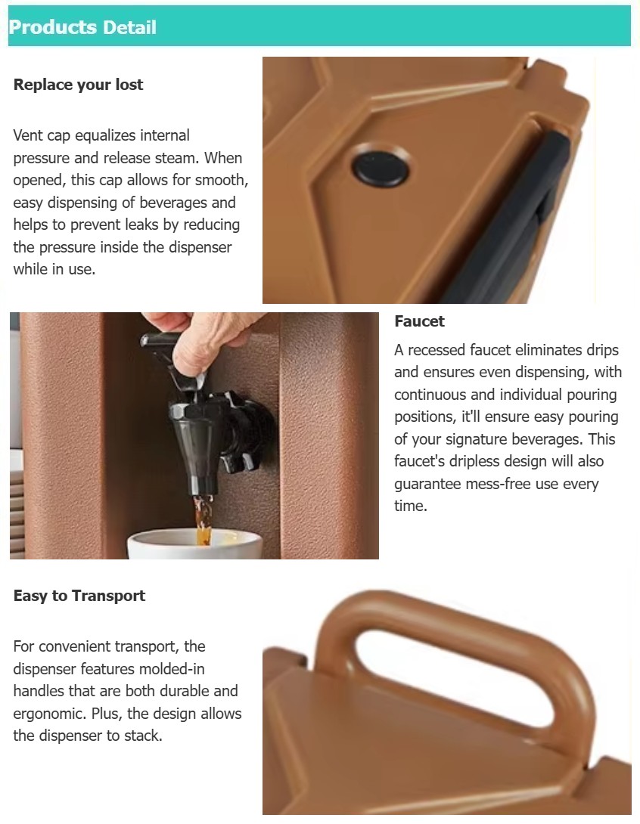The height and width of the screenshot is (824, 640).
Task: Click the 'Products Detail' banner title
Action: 82,28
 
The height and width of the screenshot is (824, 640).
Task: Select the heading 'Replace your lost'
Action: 78,85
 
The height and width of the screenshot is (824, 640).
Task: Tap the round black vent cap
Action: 381,166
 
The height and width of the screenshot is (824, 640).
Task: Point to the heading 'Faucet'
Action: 419,321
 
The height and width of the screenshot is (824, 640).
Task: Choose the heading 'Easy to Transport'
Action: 79,596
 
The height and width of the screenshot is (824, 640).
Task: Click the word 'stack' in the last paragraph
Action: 143,735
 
